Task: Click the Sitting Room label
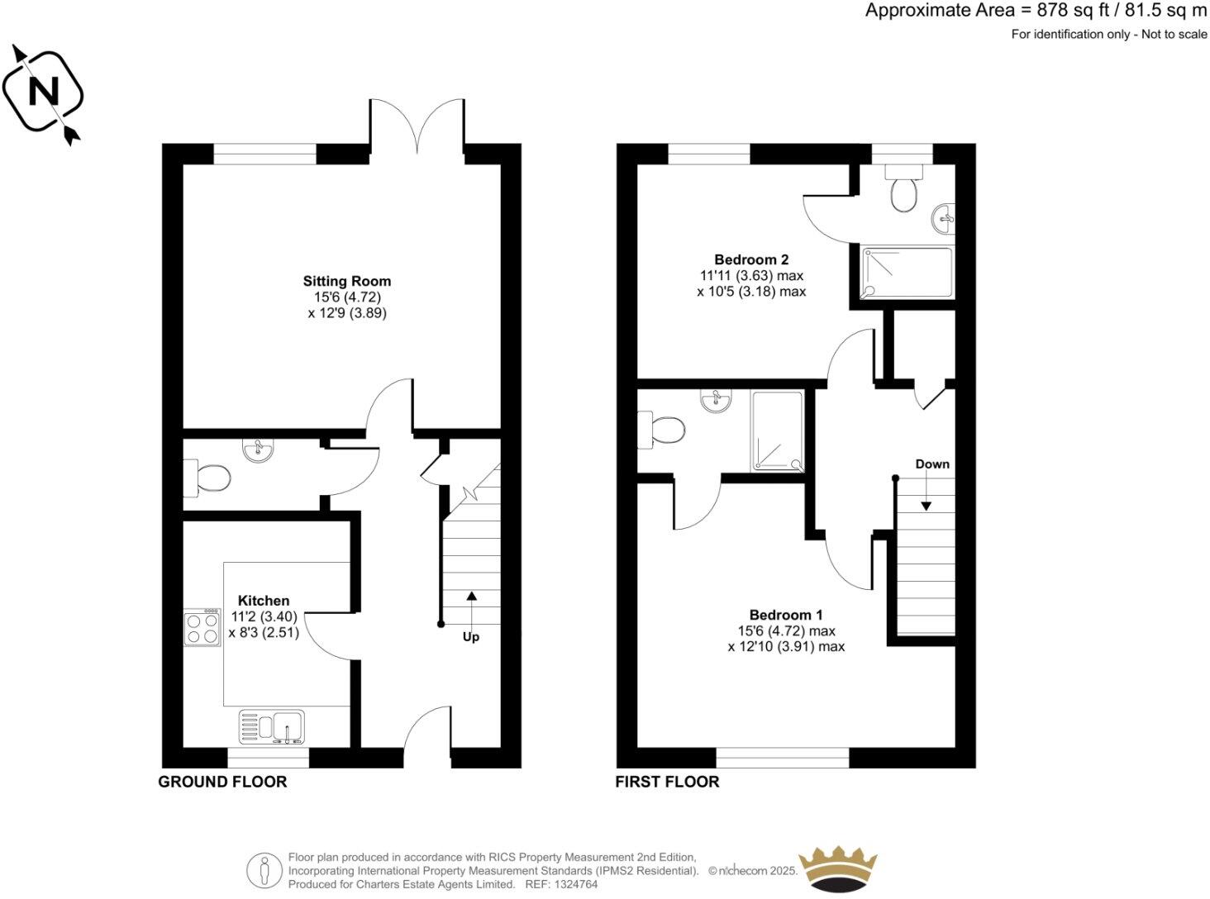click(x=346, y=281)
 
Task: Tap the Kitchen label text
click(x=264, y=601)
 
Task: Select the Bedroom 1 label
click(x=785, y=615)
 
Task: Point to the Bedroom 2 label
click(x=751, y=259)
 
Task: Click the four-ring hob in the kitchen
click(x=202, y=628)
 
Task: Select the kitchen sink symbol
click(x=272, y=727)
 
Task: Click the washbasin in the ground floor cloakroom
click(x=258, y=450)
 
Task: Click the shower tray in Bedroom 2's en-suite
click(x=907, y=273)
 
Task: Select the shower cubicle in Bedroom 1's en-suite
click(x=777, y=431)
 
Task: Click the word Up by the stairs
click(x=470, y=637)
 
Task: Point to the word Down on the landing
click(x=932, y=464)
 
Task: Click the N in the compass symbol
click(x=43, y=91)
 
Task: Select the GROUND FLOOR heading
click(x=222, y=782)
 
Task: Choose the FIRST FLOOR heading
click(x=667, y=782)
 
